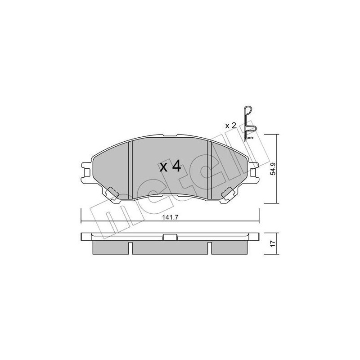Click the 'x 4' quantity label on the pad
(170, 167)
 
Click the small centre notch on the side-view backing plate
(170, 238)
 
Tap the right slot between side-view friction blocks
(210, 248)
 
